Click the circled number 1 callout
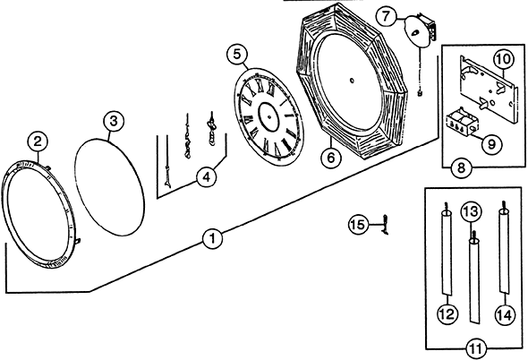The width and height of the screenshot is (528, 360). [212, 238]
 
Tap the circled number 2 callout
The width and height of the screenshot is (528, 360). [38, 141]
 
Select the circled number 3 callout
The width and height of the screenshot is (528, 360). [114, 121]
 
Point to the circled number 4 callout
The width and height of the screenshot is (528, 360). [207, 176]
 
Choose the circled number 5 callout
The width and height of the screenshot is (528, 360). [237, 55]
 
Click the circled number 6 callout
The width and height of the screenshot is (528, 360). [331, 157]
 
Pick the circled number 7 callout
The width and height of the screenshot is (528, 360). [387, 16]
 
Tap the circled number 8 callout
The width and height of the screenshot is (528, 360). [461, 167]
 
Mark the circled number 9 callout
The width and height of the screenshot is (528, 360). [492, 144]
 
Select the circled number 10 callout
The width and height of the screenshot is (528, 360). [504, 60]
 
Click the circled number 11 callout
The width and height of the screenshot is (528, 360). [476, 348]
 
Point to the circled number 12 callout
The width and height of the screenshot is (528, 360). [447, 314]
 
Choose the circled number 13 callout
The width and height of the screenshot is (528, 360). [471, 211]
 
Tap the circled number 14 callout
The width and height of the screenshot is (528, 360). [505, 315]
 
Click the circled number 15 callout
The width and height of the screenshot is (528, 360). [359, 225]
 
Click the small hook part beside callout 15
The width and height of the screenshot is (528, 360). [385, 225]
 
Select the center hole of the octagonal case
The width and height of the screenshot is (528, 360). [352, 81]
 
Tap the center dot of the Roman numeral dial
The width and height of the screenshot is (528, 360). [269, 117]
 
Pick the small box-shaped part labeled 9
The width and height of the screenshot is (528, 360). [460, 123]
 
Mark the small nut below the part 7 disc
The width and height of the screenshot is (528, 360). [420, 93]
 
